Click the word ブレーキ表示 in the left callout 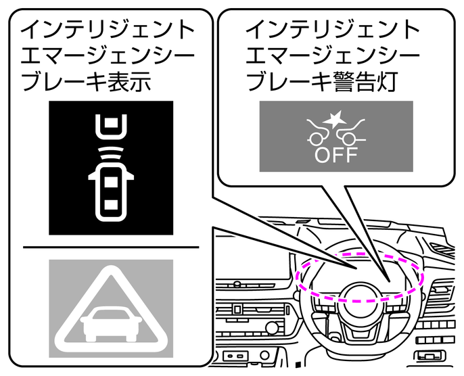[x=85, y=82]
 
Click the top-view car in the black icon [x=110, y=193]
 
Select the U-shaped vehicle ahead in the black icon [x=110, y=126]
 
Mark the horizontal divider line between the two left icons [x=110, y=247]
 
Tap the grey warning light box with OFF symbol [x=336, y=136]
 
